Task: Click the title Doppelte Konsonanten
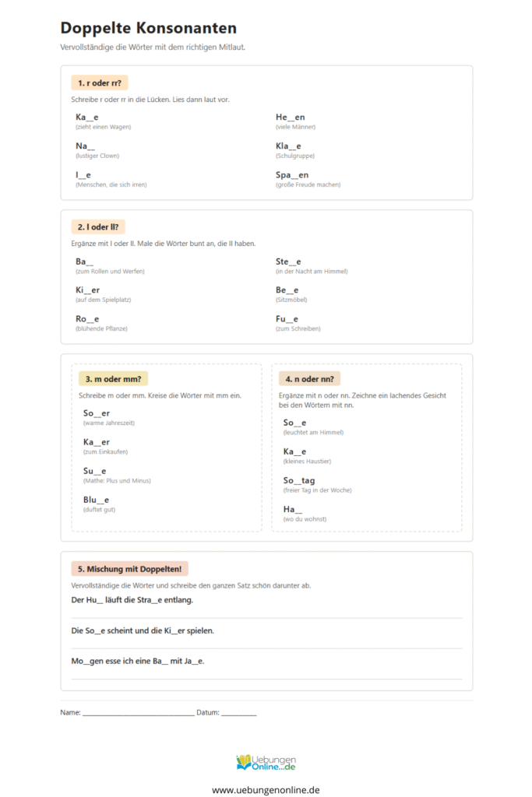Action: pos(148,28)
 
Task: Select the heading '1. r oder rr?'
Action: pos(99,83)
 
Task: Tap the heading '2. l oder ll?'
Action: pos(97,226)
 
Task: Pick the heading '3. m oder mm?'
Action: pos(112,378)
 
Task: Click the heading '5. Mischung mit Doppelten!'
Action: pos(129,569)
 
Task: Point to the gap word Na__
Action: pos(85,146)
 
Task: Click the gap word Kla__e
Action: pos(288,146)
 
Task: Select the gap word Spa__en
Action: pos(292,175)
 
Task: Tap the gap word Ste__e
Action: pos(288,262)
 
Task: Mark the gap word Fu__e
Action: pos(287,319)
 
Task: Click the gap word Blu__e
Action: pos(96,500)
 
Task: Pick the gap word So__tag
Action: pos(299,480)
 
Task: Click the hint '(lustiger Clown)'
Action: pos(97,156)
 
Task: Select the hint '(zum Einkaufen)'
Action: pos(105,451)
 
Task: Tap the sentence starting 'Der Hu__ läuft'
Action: pos(132,600)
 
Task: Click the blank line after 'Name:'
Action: pos(138,713)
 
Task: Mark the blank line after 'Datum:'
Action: pos(238,713)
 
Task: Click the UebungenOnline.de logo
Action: pos(266,763)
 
